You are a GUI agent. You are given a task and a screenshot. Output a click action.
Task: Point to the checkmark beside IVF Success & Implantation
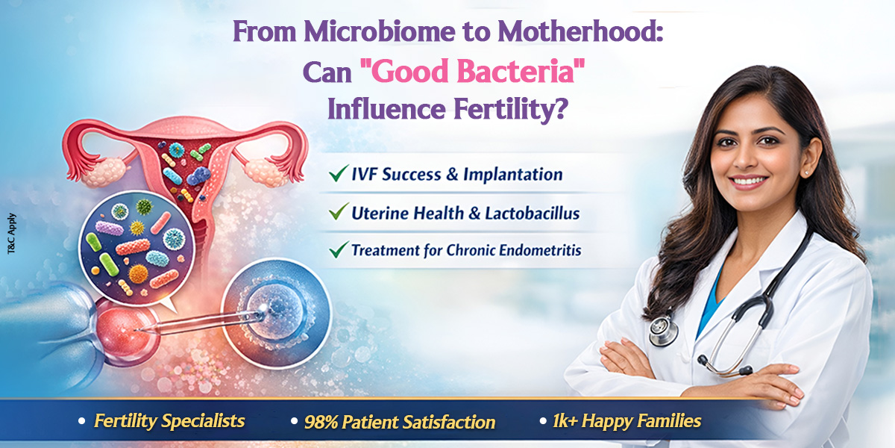336,175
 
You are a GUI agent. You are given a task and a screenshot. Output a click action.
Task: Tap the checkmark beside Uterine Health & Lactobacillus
336,213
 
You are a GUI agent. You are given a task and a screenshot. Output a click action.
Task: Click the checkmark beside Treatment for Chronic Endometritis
336,250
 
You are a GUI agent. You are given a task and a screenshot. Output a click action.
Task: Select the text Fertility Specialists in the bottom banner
169,421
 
